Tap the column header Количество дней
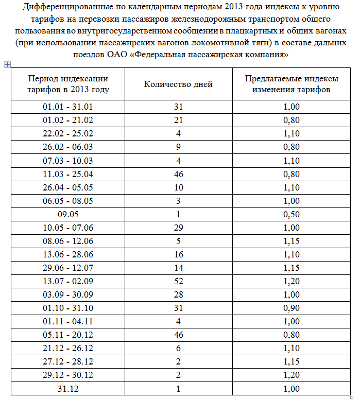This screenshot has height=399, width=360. [x=178, y=84]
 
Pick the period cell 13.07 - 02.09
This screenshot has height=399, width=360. [x=68, y=281]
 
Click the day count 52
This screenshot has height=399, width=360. [x=178, y=281]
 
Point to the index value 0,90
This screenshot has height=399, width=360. [x=292, y=308]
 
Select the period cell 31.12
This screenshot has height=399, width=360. [x=68, y=388]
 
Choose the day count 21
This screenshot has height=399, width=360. [x=178, y=120]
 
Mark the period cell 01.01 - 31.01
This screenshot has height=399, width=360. [x=68, y=107]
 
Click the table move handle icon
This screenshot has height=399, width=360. [x=7, y=64]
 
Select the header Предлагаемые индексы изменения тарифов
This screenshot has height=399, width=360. [x=292, y=84]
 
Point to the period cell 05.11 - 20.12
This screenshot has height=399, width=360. [x=68, y=335]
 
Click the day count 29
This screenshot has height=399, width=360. [x=178, y=228]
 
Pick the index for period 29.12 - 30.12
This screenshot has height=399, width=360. [x=292, y=375]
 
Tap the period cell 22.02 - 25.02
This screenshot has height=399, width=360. [x=68, y=134]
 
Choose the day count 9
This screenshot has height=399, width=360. [x=178, y=147]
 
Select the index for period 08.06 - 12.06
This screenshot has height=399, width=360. [x=292, y=241]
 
